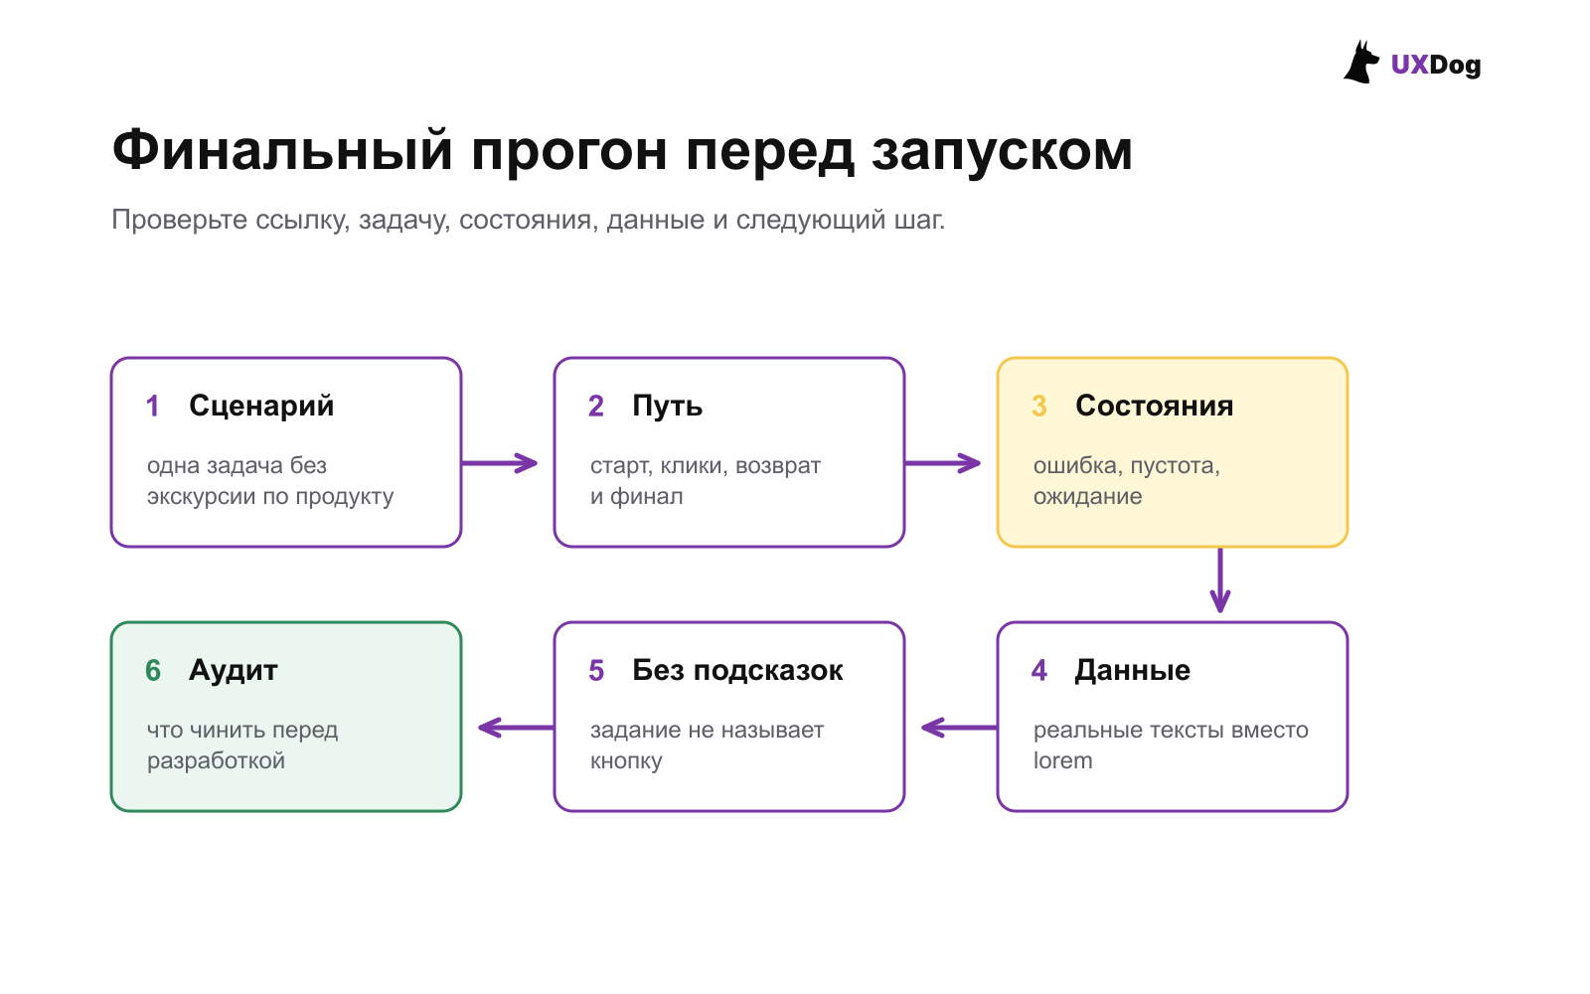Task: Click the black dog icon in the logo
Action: point(1360,63)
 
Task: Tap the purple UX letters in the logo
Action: point(1410,65)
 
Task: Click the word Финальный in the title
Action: point(282,150)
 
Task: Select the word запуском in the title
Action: point(1002,153)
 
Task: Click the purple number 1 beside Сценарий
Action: point(153,407)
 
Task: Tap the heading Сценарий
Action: point(261,407)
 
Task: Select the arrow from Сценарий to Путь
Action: point(500,463)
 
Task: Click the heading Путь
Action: point(667,407)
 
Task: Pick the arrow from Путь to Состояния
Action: point(943,463)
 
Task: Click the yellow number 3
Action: point(1039,407)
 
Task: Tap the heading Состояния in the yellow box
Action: point(1154,407)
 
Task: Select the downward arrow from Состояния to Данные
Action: point(1220,580)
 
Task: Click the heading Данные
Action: point(1133,670)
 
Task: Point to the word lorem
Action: point(1062,760)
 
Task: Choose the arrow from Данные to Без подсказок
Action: point(959,728)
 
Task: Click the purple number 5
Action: point(596,671)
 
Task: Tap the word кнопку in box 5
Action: point(626,761)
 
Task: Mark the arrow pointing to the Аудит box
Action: point(516,728)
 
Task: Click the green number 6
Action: point(153,671)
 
